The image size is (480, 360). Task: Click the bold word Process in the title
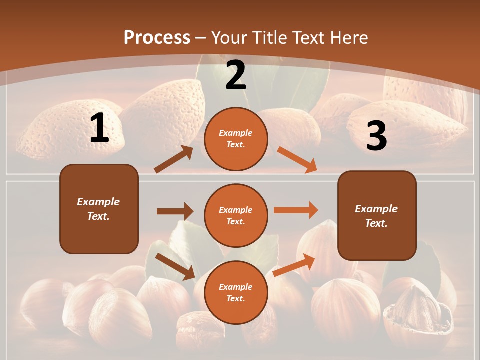(x=157, y=37)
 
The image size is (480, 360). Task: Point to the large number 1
(x=99, y=128)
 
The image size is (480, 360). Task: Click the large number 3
(x=376, y=136)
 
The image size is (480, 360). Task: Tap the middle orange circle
(x=236, y=215)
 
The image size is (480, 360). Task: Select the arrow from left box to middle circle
(x=175, y=211)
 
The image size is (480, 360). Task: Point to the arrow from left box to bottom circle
(x=175, y=266)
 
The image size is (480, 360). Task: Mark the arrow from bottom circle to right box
(x=294, y=265)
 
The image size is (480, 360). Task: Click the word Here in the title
(x=349, y=37)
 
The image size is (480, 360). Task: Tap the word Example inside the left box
(x=98, y=202)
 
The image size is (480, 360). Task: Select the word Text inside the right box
(x=376, y=223)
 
